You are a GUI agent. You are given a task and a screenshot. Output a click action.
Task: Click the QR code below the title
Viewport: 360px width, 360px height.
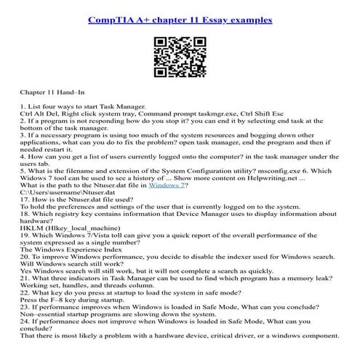tap(179, 58)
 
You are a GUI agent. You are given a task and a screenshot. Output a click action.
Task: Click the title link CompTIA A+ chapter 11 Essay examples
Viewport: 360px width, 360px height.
tap(180, 20)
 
